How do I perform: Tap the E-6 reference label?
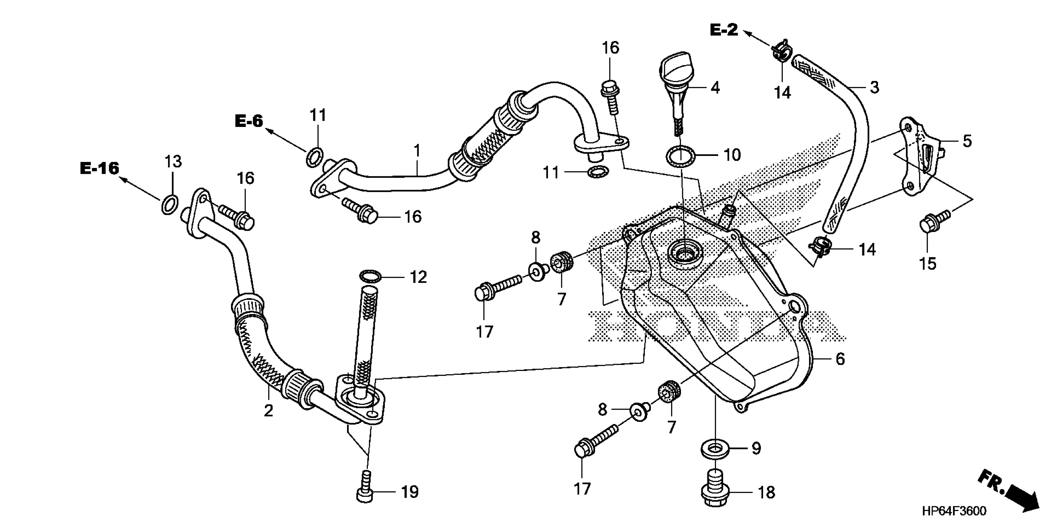pyautogui.click(x=249, y=121)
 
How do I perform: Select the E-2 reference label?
pyautogui.click(x=724, y=30)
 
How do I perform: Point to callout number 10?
pyautogui.click(x=732, y=155)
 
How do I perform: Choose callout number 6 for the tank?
pyautogui.click(x=840, y=359)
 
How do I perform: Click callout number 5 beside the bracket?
pyautogui.click(x=967, y=141)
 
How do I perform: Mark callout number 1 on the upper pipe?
pyautogui.click(x=417, y=151)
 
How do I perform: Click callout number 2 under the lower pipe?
pyautogui.click(x=268, y=410)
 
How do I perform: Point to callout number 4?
pyautogui.click(x=715, y=88)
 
